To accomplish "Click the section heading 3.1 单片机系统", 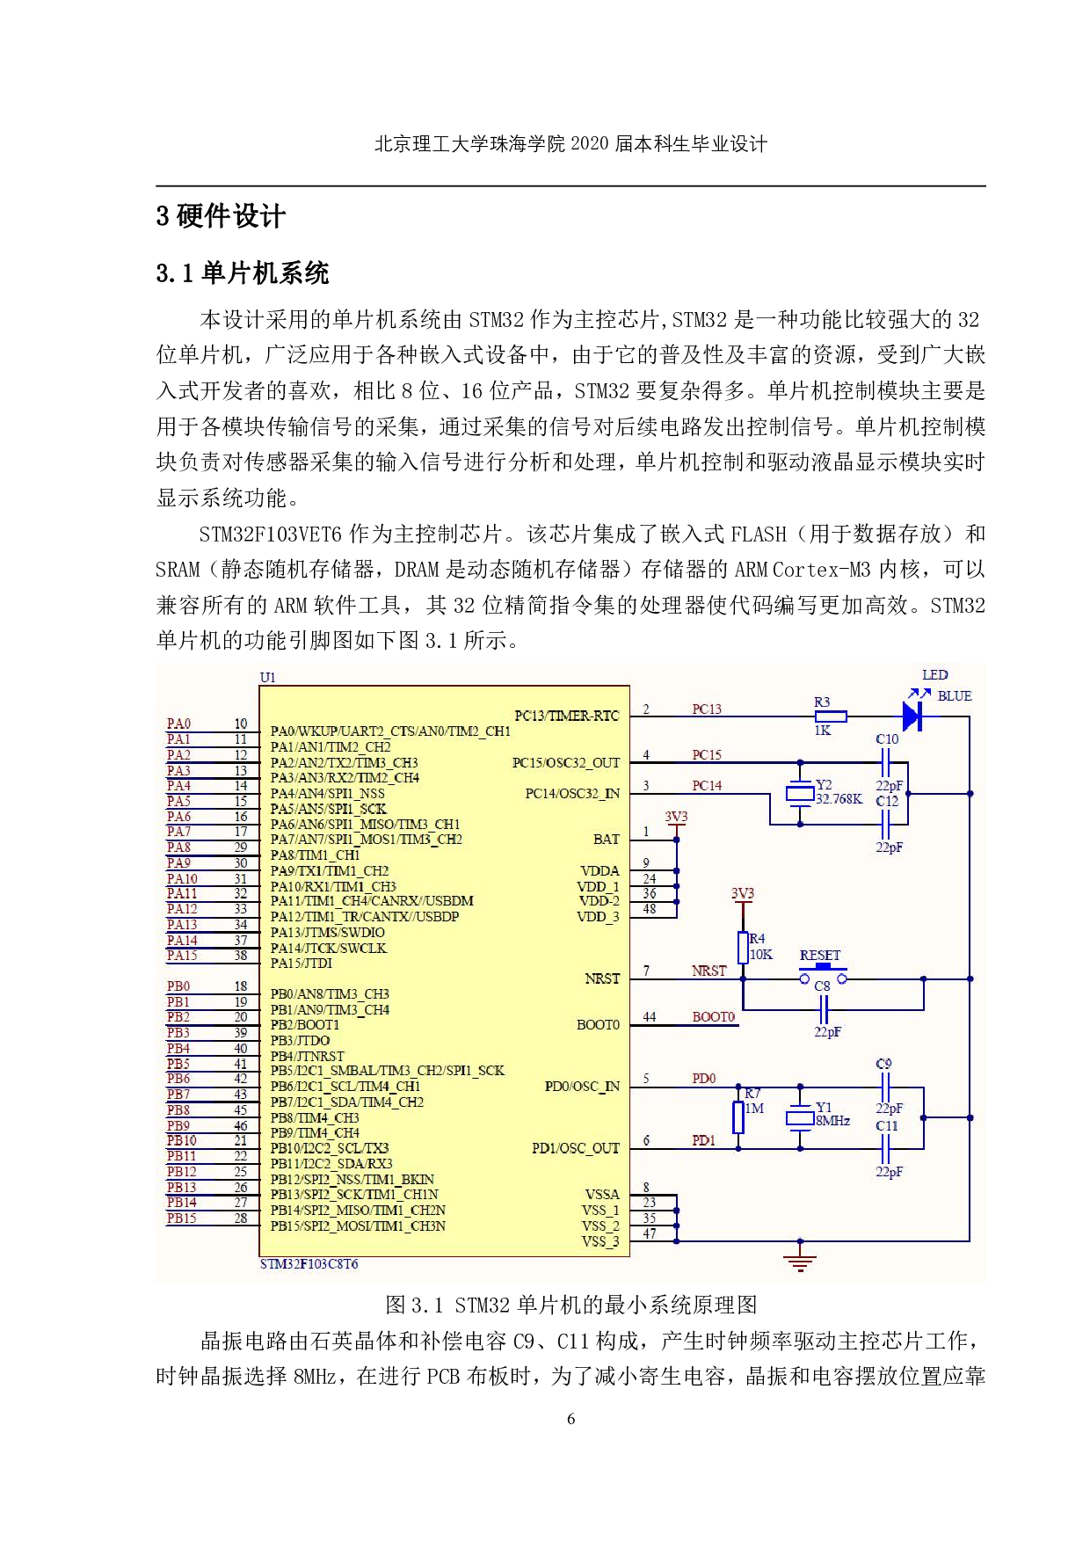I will pyautogui.click(x=243, y=273).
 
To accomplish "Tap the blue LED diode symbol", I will pyautogui.click(x=912, y=716).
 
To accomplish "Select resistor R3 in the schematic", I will pyautogui.click(x=830, y=716).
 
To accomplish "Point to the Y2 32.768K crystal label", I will pyautogui.click(x=838, y=792).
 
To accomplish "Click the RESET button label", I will pyautogui.click(x=819, y=956).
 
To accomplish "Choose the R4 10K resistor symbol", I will pyautogui.click(x=743, y=948).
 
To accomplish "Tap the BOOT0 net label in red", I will pyautogui.click(x=713, y=1017).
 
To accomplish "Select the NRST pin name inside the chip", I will pyautogui.click(x=602, y=978).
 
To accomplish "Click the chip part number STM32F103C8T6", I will pyautogui.click(x=309, y=1264).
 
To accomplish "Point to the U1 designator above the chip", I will pyautogui.click(x=267, y=678).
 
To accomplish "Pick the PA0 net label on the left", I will pyautogui.click(x=178, y=724).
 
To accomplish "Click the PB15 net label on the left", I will pyautogui.click(x=181, y=1218).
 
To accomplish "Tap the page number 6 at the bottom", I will pyautogui.click(x=571, y=1418).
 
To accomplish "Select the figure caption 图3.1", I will pyautogui.click(x=570, y=1305).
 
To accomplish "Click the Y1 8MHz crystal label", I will pyautogui.click(x=832, y=1114).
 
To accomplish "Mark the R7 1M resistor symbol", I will pyautogui.click(x=738, y=1116).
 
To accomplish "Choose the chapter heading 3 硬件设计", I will pyautogui.click(x=221, y=216).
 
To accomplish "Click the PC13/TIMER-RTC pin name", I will pyautogui.click(x=566, y=716).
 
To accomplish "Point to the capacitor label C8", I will pyautogui.click(x=822, y=986).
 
